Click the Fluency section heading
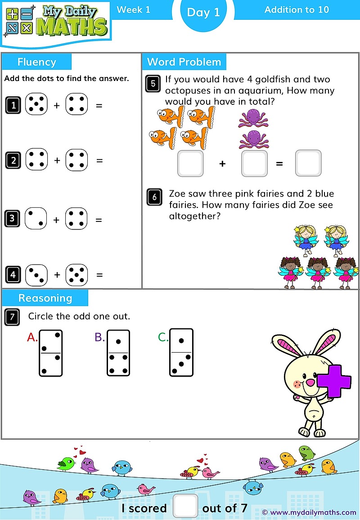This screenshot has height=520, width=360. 36,62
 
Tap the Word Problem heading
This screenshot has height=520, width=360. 184,62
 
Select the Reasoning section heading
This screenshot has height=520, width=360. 45,298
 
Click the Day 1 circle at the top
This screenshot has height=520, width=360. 203,13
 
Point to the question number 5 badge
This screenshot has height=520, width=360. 153,84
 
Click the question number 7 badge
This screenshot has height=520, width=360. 12,317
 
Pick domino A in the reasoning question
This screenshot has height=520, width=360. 50,353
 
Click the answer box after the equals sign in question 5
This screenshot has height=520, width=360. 308,163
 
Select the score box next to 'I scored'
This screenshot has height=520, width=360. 185,506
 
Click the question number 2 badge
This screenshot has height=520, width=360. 13,161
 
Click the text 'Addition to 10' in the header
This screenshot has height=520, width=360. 297,9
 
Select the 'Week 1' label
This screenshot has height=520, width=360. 133,9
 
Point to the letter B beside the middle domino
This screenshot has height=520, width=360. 99,337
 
